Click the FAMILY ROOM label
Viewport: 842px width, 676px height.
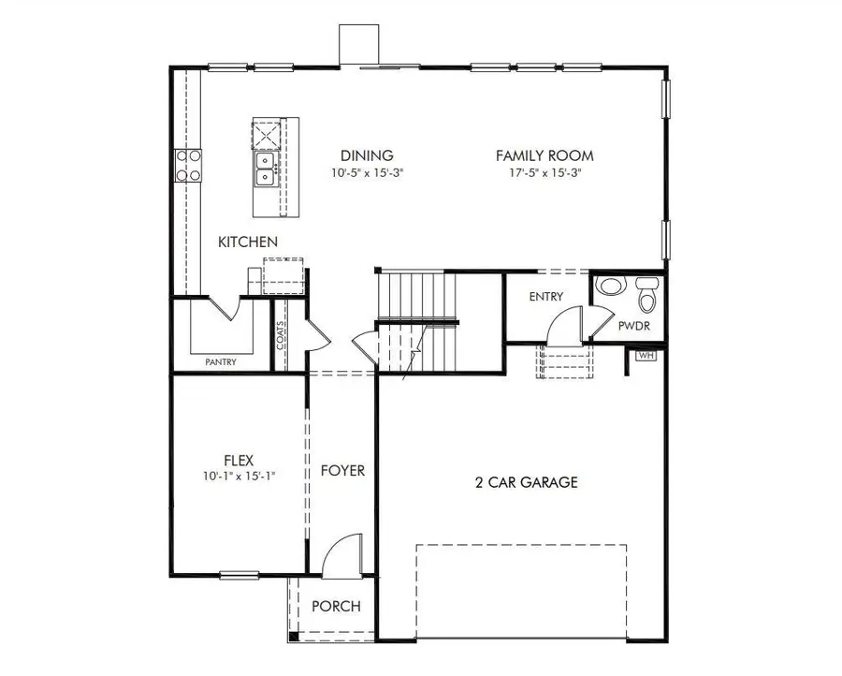pyautogui.click(x=544, y=156)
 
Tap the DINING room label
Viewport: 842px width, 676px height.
pyautogui.click(x=367, y=156)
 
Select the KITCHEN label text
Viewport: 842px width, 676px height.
pyautogui.click(x=248, y=242)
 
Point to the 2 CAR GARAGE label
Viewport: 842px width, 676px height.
pyautogui.click(x=526, y=483)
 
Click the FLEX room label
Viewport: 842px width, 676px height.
pyautogui.click(x=237, y=460)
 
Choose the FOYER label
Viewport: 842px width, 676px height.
pyautogui.click(x=342, y=470)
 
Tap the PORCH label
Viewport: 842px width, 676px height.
pyautogui.click(x=336, y=607)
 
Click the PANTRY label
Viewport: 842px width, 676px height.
pyautogui.click(x=221, y=362)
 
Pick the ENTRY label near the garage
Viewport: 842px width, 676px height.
pyautogui.click(x=546, y=297)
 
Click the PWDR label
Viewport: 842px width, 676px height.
pyautogui.click(x=634, y=327)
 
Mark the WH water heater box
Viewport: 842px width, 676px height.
pyautogui.click(x=646, y=356)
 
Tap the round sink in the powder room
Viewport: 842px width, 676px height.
pyautogui.click(x=610, y=285)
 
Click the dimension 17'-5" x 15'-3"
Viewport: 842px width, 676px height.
pyautogui.click(x=544, y=173)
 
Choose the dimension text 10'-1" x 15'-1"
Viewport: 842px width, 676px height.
pyautogui.click(x=237, y=476)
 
